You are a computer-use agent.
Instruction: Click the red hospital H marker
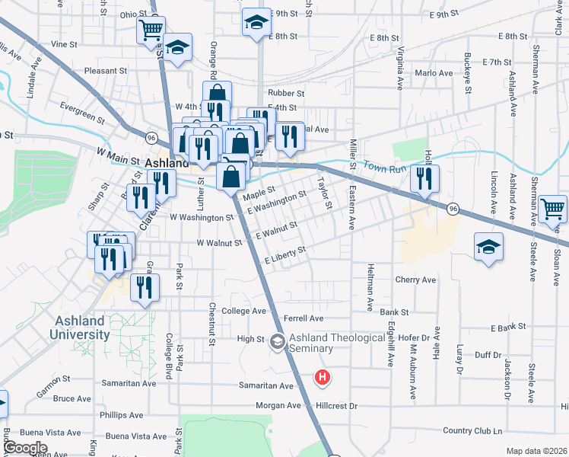(x=323, y=377)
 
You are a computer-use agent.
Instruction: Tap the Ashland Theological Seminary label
(x=310, y=344)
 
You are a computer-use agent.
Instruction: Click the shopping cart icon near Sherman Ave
(x=553, y=207)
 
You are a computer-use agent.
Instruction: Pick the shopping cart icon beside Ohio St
(x=151, y=30)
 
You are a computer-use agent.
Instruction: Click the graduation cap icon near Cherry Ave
(x=488, y=246)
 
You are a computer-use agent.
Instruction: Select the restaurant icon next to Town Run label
(x=424, y=178)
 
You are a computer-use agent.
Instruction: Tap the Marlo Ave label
(x=434, y=73)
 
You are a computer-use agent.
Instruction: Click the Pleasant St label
(x=106, y=71)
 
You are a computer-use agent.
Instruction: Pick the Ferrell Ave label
(x=303, y=318)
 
